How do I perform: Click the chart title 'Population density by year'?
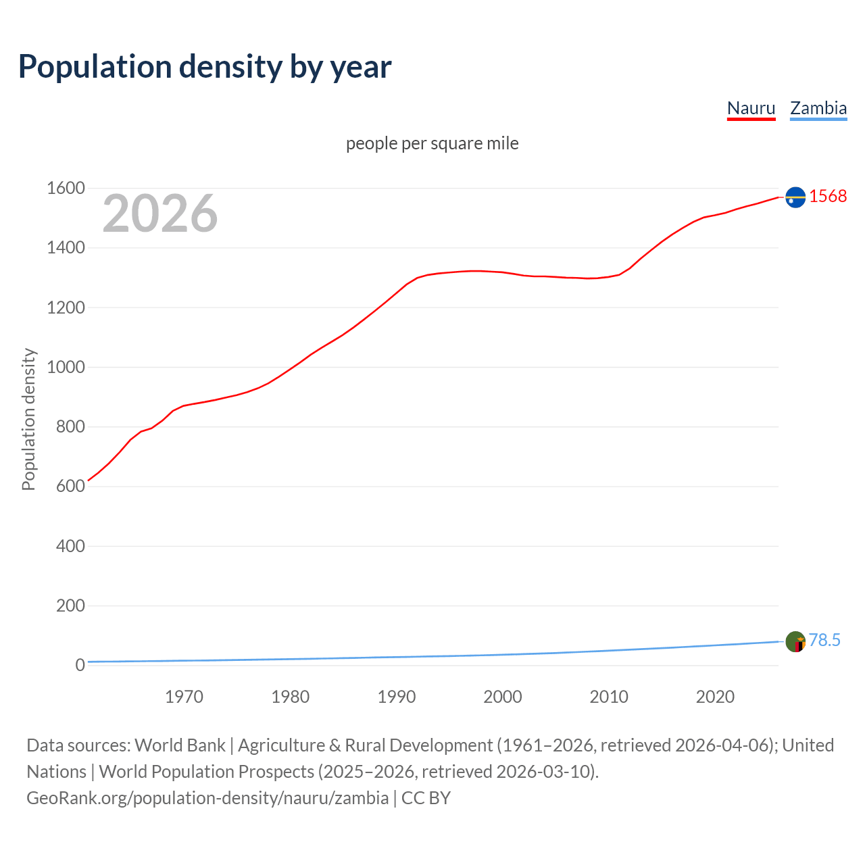tap(205, 67)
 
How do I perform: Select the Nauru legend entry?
tap(751, 108)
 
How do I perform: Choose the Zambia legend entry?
tap(818, 108)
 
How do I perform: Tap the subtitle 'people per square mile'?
tap(432, 143)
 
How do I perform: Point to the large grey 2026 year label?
tap(160, 214)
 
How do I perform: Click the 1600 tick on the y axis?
tap(66, 189)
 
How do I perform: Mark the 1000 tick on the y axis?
tap(66, 367)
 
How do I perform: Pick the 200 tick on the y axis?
tap(70, 605)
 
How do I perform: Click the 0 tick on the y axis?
tap(80, 665)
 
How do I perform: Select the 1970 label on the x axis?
tap(184, 697)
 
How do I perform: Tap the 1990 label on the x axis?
tap(397, 697)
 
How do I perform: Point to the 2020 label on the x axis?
tap(715, 697)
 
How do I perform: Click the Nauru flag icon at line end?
tap(795, 197)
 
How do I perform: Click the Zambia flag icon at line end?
tap(795, 641)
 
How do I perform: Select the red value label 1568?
tap(828, 196)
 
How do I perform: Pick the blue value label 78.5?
tap(824, 640)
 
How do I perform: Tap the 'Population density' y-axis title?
tap(28, 419)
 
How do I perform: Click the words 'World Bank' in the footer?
tap(180, 745)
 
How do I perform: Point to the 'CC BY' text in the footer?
tap(426, 798)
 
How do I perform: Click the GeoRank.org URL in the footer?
tap(207, 798)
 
